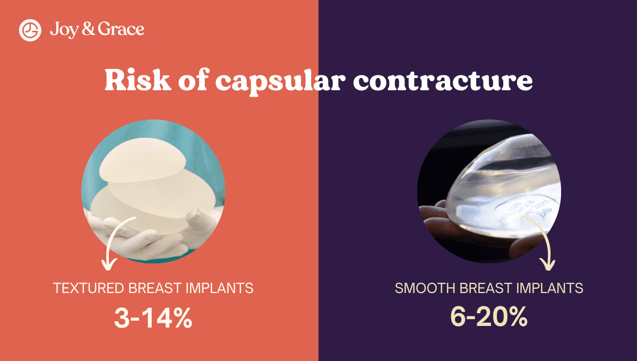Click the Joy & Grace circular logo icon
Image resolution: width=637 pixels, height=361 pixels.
click(x=30, y=30)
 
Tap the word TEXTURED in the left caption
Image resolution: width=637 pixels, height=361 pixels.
click(x=89, y=288)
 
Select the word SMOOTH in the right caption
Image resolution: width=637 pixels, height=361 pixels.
click(x=424, y=289)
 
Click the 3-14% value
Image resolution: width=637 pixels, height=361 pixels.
click(x=153, y=317)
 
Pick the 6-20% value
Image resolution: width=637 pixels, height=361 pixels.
click(x=489, y=317)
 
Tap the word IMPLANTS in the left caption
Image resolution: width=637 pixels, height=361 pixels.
click(x=220, y=288)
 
